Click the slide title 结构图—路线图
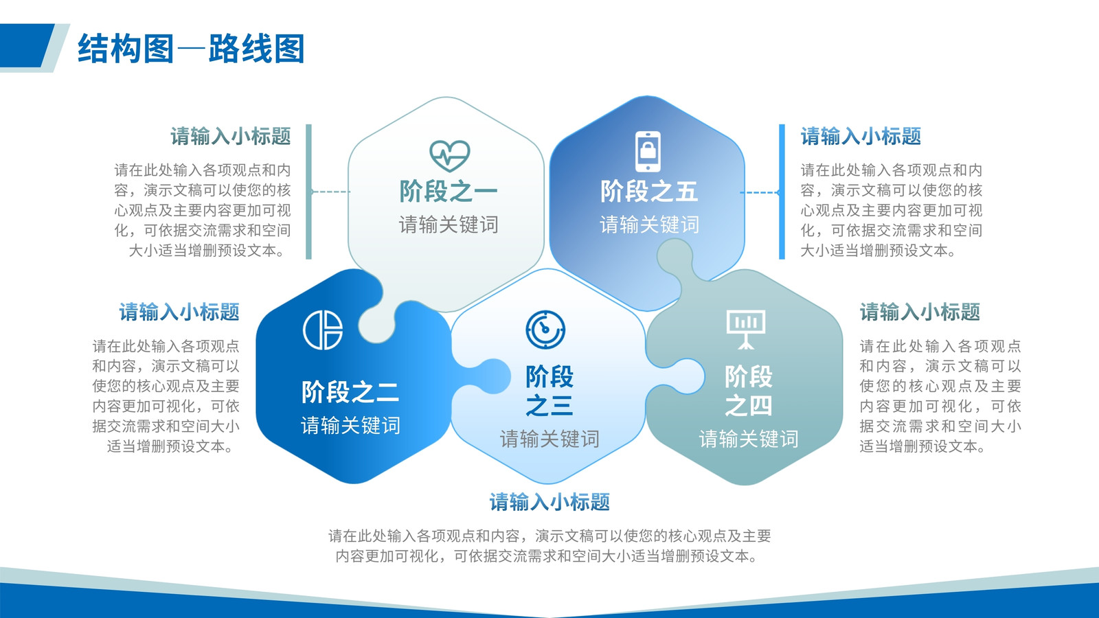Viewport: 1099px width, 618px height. click(x=192, y=49)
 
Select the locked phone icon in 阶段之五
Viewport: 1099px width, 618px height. click(x=648, y=152)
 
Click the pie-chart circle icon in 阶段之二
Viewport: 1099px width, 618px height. click(x=323, y=330)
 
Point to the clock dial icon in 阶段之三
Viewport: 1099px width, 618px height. click(x=545, y=330)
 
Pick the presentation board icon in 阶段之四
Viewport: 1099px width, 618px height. click(x=746, y=329)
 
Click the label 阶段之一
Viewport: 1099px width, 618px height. click(x=449, y=192)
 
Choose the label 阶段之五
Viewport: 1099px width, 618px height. click(x=649, y=192)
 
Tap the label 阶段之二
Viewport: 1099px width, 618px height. click(x=350, y=392)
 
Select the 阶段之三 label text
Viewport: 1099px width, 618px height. click(x=549, y=391)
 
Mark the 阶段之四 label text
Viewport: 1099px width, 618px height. click(x=749, y=391)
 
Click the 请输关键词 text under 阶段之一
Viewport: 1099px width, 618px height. click(x=449, y=225)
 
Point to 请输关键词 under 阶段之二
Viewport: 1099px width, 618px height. click(x=350, y=425)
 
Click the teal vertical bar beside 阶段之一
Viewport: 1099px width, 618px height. click(x=308, y=192)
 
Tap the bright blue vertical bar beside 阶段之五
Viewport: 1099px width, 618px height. click(x=782, y=192)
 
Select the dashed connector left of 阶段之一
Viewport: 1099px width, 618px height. click(x=330, y=192)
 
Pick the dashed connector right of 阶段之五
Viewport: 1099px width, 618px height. click(x=760, y=192)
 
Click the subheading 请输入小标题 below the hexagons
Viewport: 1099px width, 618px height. click(x=549, y=502)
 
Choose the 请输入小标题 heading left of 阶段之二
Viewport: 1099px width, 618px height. click(x=179, y=312)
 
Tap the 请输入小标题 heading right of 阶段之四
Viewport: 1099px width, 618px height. click(x=920, y=312)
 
